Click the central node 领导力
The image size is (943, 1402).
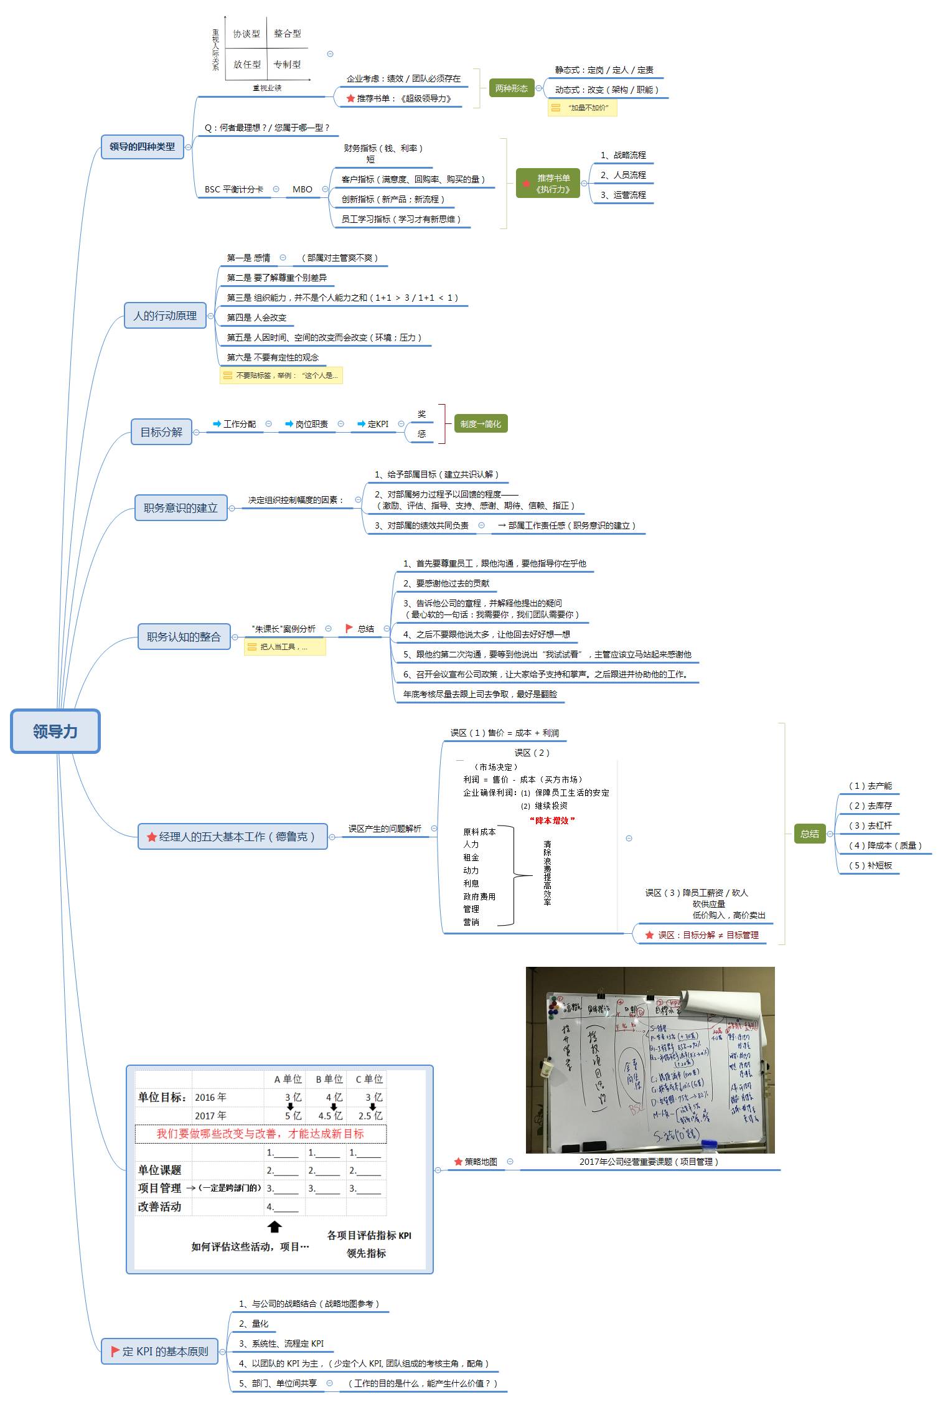coord(55,731)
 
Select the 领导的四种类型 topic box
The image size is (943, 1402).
coord(143,147)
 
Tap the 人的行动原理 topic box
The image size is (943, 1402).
coord(165,316)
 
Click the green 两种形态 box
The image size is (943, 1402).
coord(511,89)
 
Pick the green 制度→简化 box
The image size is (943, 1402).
coord(481,424)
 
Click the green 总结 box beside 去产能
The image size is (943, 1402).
coord(809,834)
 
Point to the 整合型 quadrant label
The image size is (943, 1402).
coord(288,34)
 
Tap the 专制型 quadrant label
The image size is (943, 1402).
coord(287,64)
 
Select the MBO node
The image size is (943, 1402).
coord(303,189)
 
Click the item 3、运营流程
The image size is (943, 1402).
coord(623,195)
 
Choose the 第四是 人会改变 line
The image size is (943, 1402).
coord(256,318)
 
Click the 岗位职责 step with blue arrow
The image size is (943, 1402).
coord(307,424)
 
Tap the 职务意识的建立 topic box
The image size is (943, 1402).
coord(181,507)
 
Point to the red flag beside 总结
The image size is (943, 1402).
coord(349,629)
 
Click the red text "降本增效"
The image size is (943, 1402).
coord(552,821)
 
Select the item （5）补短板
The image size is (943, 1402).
coord(870,865)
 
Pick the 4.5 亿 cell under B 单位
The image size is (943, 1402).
coord(331,1116)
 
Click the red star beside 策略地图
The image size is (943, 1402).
coord(458,1162)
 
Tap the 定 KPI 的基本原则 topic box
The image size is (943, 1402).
coord(160,1351)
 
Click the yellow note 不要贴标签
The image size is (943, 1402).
coord(281,375)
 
